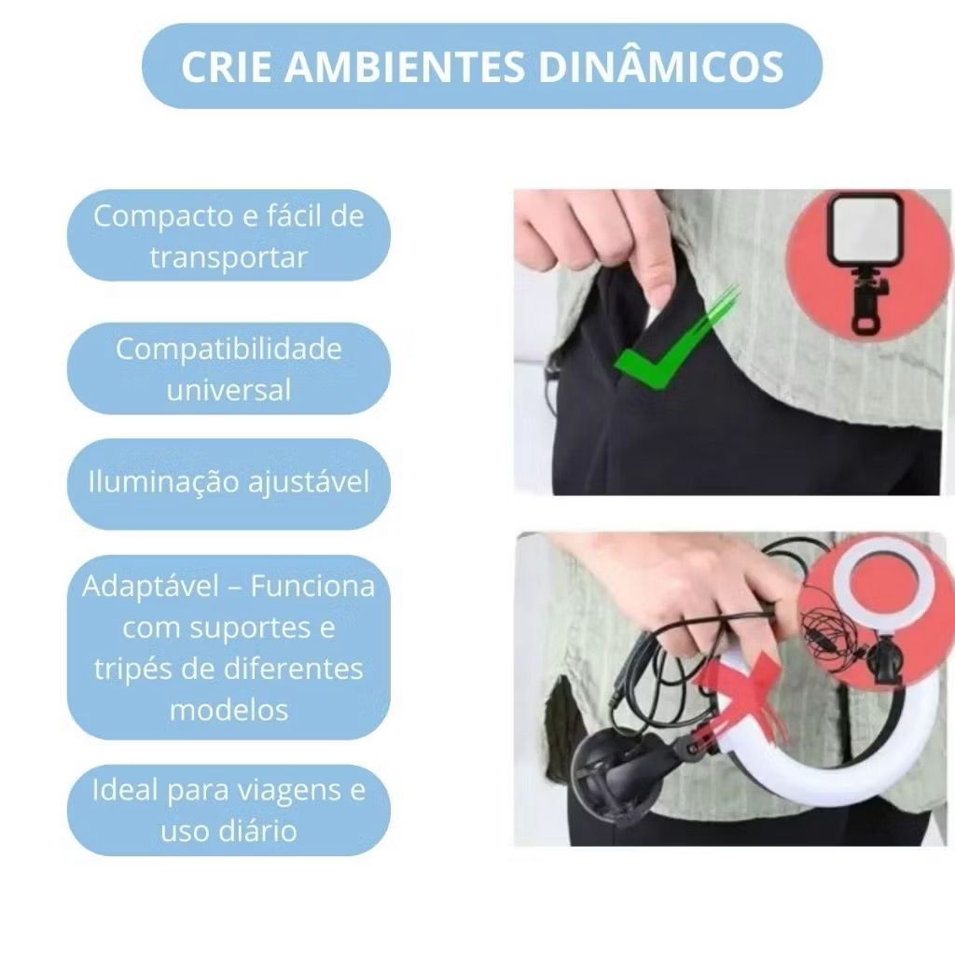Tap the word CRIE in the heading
point(226,66)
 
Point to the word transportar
point(228,257)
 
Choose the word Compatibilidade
point(228,350)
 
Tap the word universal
point(228,391)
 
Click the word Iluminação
point(164,482)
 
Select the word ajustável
point(308,482)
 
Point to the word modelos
point(228,710)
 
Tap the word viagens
point(289,791)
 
